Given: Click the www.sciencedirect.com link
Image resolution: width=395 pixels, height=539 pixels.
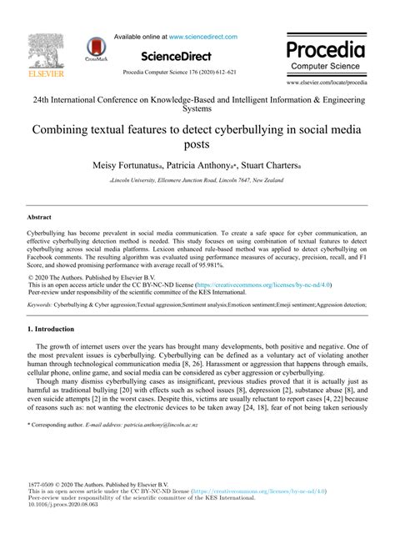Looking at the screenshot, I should [202, 37].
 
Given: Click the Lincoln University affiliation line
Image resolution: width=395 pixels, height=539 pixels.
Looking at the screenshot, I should [197, 180].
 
